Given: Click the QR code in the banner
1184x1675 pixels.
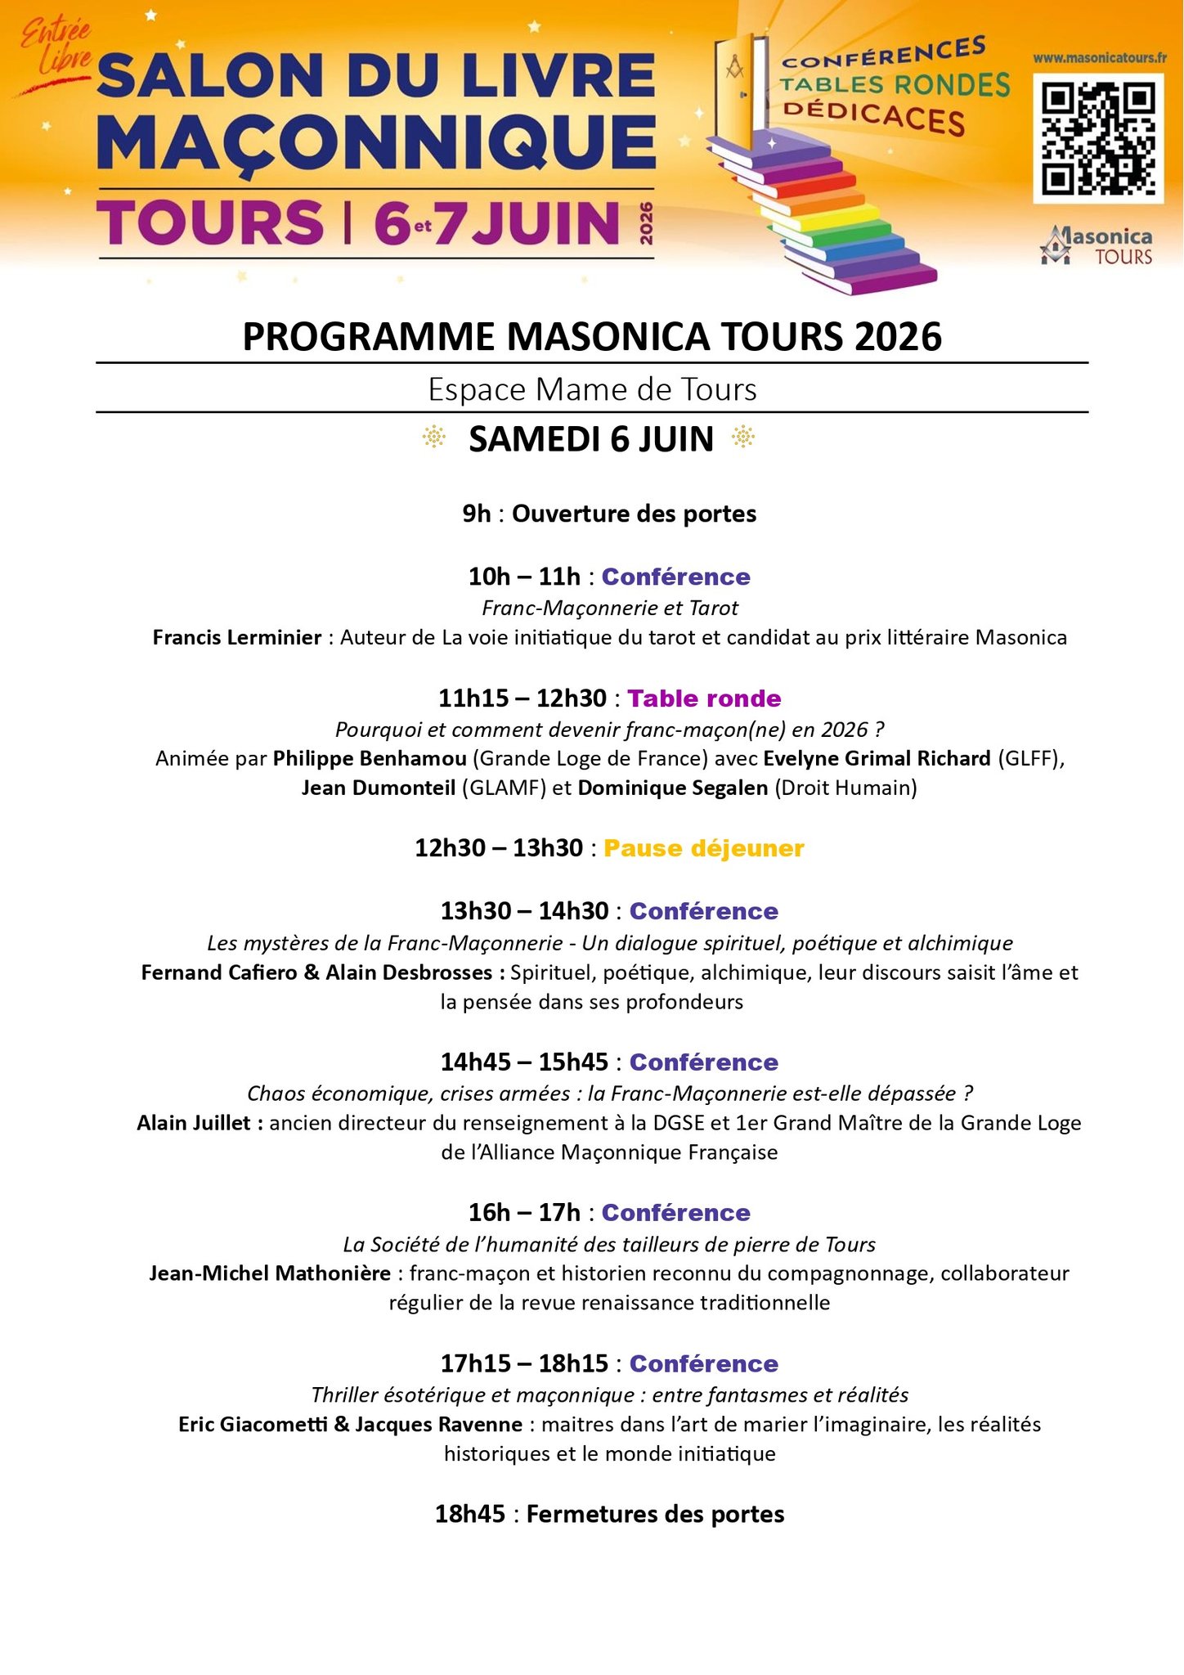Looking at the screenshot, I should pyautogui.click(x=1098, y=138).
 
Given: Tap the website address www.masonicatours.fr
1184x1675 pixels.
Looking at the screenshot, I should pyautogui.click(x=1099, y=58).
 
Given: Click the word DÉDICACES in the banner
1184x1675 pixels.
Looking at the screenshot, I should pyautogui.click(x=873, y=116).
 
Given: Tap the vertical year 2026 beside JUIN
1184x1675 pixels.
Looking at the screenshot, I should pyautogui.click(x=646, y=222).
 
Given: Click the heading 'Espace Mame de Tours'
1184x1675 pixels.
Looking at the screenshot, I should pyautogui.click(x=592, y=389).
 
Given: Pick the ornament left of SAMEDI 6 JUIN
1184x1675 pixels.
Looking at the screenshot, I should pyautogui.click(x=433, y=438).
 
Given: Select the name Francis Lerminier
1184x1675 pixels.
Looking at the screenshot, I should pyautogui.click(x=237, y=637).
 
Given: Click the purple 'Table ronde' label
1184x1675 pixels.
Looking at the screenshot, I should pyautogui.click(x=704, y=698).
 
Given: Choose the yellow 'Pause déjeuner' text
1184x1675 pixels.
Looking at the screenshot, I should pyautogui.click(x=704, y=848).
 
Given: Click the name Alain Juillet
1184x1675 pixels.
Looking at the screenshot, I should pyautogui.click(x=194, y=1123).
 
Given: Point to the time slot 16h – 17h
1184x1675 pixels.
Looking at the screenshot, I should pyautogui.click(x=524, y=1212).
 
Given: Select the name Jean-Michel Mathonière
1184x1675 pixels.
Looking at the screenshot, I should pyautogui.click(x=270, y=1273).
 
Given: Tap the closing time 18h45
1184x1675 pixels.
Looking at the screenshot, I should pyautogui.click(x=470, y=1514).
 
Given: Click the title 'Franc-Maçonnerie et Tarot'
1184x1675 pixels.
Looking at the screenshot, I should pyautogui.click(x=610, y=608).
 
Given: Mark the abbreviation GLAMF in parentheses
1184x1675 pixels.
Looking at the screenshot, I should pyautogui.click(x=499, y=788).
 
